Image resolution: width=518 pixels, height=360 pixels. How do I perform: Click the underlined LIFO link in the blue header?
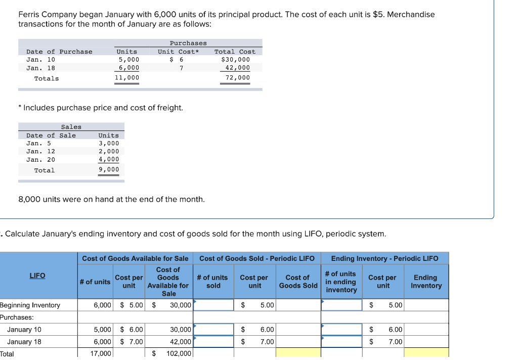(37, 276)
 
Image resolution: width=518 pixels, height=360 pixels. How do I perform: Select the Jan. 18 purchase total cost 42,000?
(238, 68)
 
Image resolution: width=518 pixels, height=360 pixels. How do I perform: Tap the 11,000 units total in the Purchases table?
(127, 78)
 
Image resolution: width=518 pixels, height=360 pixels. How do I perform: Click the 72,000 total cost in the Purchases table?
(238, 78)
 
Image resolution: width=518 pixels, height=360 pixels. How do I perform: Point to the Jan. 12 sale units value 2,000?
(109, 151)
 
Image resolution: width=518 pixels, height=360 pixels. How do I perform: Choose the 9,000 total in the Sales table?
(109, 170)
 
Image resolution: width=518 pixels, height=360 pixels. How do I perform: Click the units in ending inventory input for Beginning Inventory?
(342, 305)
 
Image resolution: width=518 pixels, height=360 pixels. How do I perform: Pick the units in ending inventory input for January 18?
(342, 342)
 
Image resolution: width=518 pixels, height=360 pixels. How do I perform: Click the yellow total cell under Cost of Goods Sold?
(298, 353)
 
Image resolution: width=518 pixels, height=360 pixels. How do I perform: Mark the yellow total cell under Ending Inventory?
(426, 353)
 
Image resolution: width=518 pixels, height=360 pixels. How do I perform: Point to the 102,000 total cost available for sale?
(178, 354)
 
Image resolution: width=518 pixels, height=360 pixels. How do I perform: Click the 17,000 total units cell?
(101, 354)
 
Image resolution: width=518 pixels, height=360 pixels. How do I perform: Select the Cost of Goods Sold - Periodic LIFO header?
(256, 258)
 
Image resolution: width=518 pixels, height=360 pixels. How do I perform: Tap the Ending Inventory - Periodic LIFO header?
(384, 258)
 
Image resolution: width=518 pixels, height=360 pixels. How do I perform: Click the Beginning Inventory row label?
(30, 305)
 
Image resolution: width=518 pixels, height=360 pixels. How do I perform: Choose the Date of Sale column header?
(51, 136)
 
